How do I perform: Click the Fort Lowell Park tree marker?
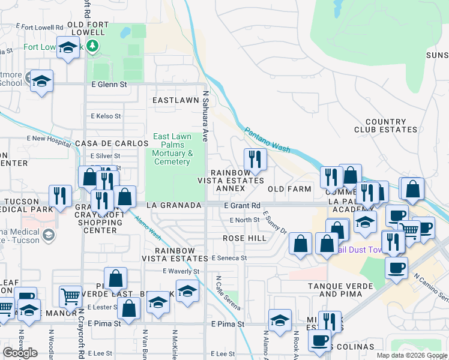coord(91,46)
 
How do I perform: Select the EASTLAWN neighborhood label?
coord(175,100)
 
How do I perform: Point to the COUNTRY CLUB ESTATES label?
coord(385,125)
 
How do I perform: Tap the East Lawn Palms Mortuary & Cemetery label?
coord(172,149)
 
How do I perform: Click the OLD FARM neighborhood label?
coord(289,189)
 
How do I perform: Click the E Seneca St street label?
coord(229,258)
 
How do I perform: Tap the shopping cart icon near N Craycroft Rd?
coord(71,296)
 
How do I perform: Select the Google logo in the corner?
coord(20,353)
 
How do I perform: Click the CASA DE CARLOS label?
coord(112,144)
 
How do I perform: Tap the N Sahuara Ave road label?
coord(205,116)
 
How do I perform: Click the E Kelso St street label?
coord(106,116)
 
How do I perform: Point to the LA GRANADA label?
coord(172,205)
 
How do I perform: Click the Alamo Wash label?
coord(146,227)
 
